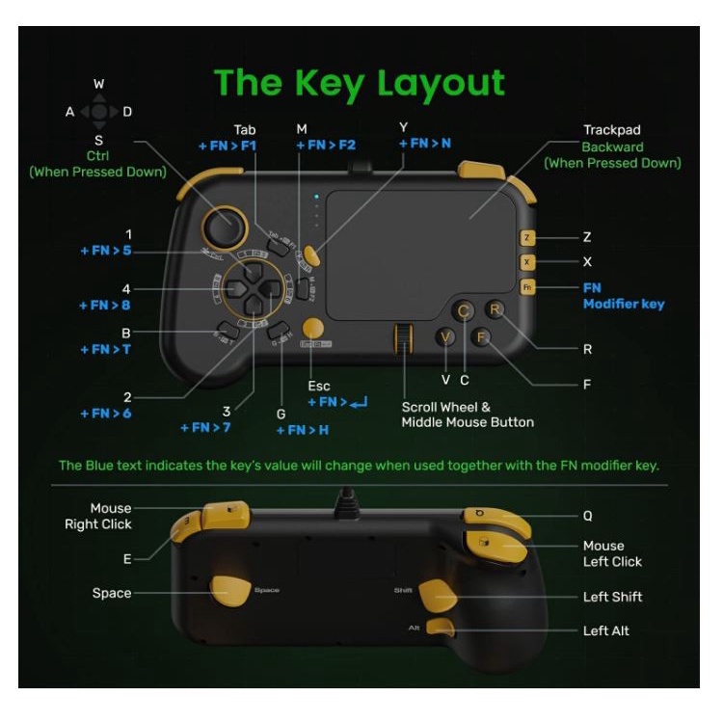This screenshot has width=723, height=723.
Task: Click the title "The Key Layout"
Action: coord(359,83)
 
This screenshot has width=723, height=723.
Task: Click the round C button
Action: coord(464,310)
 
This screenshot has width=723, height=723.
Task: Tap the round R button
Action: coord(495,310)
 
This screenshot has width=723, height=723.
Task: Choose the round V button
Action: coord(445,337)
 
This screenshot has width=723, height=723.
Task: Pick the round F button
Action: coord(483,337)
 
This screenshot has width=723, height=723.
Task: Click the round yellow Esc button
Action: coord(312,327)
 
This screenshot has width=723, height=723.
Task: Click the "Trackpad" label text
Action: coord(611,130)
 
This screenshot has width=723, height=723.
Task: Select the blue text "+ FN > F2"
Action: coord(326,146)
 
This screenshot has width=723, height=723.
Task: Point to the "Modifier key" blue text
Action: coord(624,304)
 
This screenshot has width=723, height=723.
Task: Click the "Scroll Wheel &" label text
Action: coord(445,407)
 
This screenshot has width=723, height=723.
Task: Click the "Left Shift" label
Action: coord(612,597)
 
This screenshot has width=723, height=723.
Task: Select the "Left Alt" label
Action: coord(606,630)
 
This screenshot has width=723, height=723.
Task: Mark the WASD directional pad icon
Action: coord(98,112)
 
